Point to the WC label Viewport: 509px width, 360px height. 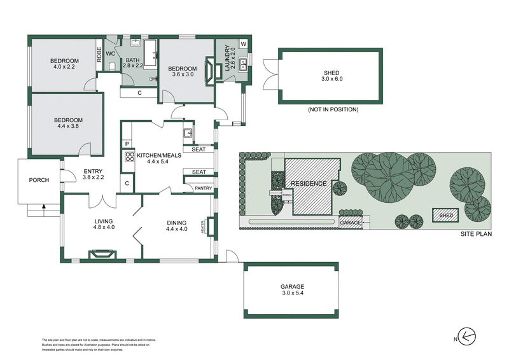coord(109,54)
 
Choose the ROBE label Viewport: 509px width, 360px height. coord(99,54)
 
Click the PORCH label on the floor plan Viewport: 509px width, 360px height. coord(39,180)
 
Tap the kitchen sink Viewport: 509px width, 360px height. coord(189,134)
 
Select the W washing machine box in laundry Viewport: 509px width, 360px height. coord(242,45)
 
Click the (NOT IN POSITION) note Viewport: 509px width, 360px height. coord(332,110)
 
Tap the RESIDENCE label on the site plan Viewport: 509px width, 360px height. coord(309,184)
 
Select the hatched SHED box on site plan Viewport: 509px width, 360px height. coord(446,216)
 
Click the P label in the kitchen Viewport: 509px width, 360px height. coord(127,144)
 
